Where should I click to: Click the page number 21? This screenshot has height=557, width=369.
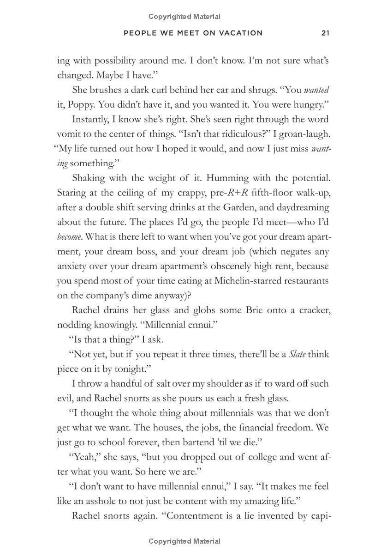pyautogui.click(x=325, y=33)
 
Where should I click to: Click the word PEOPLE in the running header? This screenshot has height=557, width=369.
pyautogui.click(x=139, y=33)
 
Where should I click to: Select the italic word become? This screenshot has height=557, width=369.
pyautogui.click(x=69, y=237)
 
